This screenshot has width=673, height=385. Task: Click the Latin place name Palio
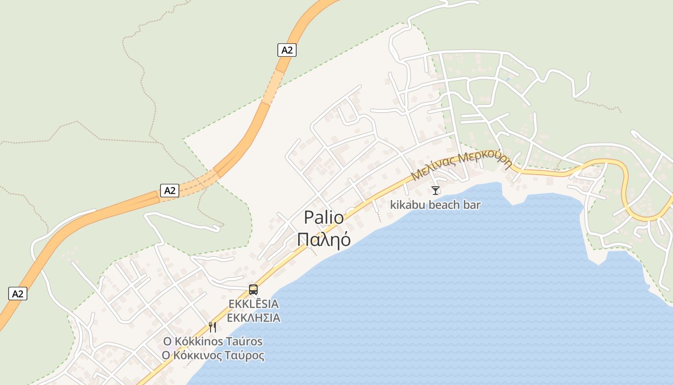click(324, 218)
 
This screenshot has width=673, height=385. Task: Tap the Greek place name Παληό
click(324, 239)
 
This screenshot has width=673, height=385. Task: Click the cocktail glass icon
click(436, 191)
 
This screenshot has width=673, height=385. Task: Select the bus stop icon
click(253, 290)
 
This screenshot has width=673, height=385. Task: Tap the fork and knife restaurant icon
click(212, 327)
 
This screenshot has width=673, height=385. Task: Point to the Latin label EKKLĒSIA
click(253, 304)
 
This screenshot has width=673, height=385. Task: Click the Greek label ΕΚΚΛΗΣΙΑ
click(253, 318)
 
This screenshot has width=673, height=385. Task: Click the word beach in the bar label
click(447, 205)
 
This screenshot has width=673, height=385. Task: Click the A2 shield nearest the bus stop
click(170, 191)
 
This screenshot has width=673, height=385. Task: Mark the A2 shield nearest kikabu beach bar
click(287, 50)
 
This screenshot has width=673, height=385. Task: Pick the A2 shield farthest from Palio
click(18, 294)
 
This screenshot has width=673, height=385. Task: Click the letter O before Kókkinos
click(167, 342)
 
